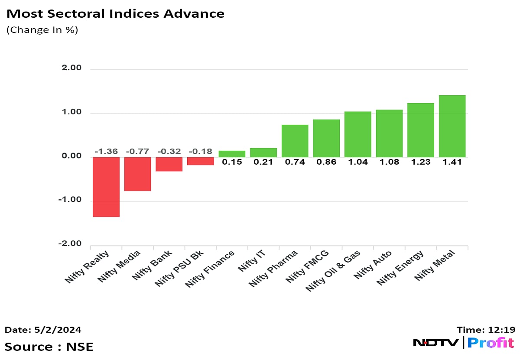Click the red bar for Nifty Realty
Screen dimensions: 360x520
pyautogui.click(x=106, y=187)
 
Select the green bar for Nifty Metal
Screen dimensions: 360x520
pyautogui.click(x=452, y=126)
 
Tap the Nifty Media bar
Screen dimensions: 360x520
pyautogui.click(x=137, y=174)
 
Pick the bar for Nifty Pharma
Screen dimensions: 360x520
pyautogui.click(x=295, y=141)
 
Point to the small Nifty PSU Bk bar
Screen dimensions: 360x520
pyautogui.click(x=200, y=161)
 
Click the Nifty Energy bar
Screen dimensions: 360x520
pyautogui.click(x=420, y=130)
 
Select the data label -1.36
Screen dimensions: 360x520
pyautogui.click(x=106, y=152)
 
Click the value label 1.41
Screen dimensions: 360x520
pyautogui.click(x=452, y=162)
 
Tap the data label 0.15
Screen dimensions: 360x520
pyautogui.click(x=232, y=162)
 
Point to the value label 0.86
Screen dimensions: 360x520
pyautogui.click(x=326, y=162)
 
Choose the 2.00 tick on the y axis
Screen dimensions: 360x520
pyautogui.click(x=71, y=68)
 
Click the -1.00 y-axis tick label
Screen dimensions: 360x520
pyautogui.click(x=70, y=200)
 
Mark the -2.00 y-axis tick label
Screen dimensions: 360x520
pyautogui.click(x=70, y=244)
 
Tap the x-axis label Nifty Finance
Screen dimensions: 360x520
pyautogui.click(x=210, y=269)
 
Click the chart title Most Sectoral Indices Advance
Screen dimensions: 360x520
pyautogui.click(x=115, y=13)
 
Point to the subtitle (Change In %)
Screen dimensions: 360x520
pyautogui.click(x=42, y=30)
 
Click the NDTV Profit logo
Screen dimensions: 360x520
pyautogui.click(x=463, y=343)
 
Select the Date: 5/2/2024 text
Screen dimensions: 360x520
pyautogui.click(x=43, y=330)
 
